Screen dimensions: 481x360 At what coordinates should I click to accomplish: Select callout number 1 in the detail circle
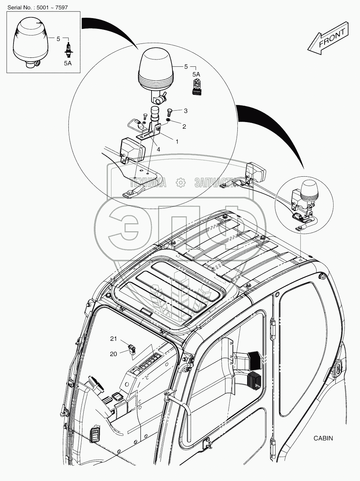click(x=177, y=142)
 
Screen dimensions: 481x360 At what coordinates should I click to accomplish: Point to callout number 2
click(x=184, y=127)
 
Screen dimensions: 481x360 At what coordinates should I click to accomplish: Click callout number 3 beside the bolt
click(x=186, y=111)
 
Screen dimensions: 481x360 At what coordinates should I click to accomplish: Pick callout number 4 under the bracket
click(x=158, y=149)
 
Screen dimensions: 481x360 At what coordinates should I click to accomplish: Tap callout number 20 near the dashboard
click(x=114, y=354)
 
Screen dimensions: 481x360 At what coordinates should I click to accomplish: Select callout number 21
click(x=114, y=339)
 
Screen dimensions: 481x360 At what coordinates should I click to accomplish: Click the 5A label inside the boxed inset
click(x=68, y=63)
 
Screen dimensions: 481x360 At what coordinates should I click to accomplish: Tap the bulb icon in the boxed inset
click(x=68, y=49)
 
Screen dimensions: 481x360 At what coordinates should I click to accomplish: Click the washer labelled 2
click(x=168, y=120)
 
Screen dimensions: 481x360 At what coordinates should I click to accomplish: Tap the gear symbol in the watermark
click(x=180, y=182)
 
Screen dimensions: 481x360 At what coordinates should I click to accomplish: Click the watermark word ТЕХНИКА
click(x=148, y=182)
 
